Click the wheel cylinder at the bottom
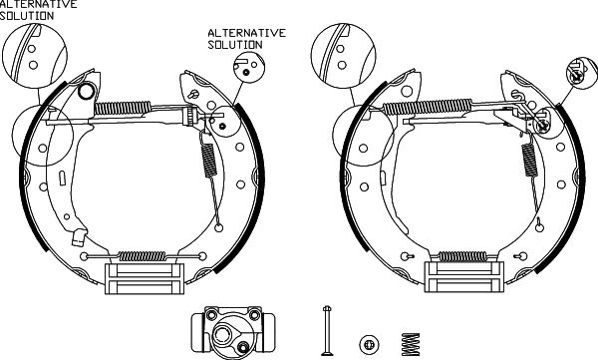coord(232,332)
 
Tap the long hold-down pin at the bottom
coord(327,331)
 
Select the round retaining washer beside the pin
coord(369,344)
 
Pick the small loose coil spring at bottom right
coord(411,344)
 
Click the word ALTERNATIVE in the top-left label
coord(38,5)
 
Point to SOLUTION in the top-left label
coord(27,16)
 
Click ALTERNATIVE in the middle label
coord(247,33)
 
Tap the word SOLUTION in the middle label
coord(235,45)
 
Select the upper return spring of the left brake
coord(123,108)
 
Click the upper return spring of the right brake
coord(428,107)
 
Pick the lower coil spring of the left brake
coord(143,256)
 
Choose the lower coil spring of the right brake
coord(463,256)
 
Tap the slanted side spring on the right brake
coord(529,160)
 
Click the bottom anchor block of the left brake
coord(145,278)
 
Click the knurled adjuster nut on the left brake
coord(189,116)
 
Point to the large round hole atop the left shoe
coord(86,91)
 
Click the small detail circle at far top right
coord(582,74)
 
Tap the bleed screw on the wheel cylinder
coord(243,347)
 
